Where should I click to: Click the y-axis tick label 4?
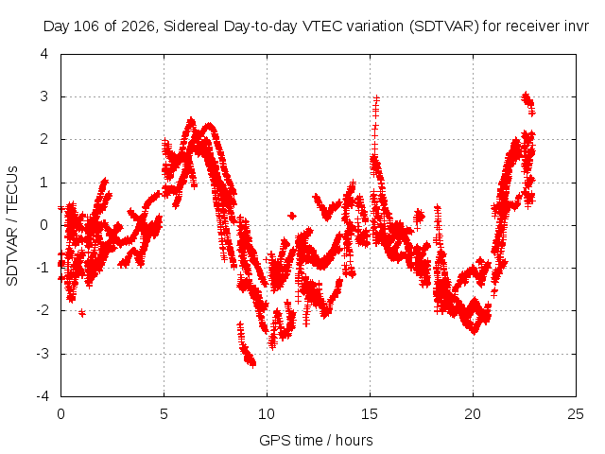(44, 54)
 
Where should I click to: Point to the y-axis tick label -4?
(43, 396)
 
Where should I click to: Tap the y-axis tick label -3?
(43, 354)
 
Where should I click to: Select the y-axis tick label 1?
(44, 183)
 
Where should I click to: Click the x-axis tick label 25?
(576, 414)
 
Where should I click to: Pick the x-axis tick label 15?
(370, 414)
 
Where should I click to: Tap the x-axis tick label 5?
(164, 414)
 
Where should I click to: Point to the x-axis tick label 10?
(267, 414)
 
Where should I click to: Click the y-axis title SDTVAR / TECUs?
(12, 226)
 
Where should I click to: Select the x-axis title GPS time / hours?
(316, 440)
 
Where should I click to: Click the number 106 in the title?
(85, 26)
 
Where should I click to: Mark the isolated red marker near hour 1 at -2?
(82, 313)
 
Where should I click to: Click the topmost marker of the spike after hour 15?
(376, 98)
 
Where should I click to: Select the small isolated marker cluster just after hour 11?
(292, 216)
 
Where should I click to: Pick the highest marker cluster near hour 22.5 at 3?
(527, 101)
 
